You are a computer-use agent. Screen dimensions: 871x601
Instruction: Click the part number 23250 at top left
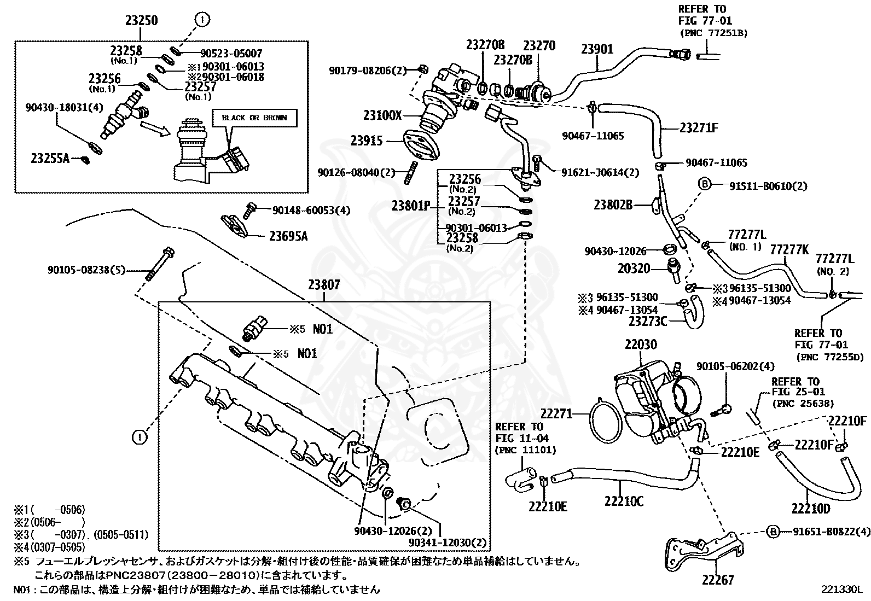click(x=142, y=20)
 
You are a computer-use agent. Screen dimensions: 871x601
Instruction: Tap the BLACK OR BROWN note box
click(x=254, y=118)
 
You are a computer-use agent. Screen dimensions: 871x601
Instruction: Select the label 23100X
click(x=382, y=115)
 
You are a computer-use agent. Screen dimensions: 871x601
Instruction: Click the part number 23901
click(x=597, y=49)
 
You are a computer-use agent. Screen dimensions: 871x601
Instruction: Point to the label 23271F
click(x=699, y=128)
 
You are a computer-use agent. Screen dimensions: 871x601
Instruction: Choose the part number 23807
click(x=324, y=285)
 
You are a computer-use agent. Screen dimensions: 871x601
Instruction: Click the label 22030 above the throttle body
click(x=641, y=345)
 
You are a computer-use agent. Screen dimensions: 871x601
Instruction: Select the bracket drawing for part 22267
click(x=704, y=551)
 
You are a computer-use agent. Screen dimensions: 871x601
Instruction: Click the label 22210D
click(x=811, y=509)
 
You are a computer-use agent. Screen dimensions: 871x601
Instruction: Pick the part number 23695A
click(x=288, y=236)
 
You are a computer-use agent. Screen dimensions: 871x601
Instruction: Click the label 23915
click(x=367, y=141)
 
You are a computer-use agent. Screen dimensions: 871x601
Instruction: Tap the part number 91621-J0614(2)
click(x=600, y=172)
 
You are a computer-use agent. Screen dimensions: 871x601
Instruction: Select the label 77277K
click(x=789, y=249)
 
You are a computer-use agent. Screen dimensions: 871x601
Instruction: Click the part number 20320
click(x=634, y=269)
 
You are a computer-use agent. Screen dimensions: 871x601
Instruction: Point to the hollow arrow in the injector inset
click(x=155, y=129)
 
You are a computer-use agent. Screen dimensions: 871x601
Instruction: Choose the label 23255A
click(x=50, y=159)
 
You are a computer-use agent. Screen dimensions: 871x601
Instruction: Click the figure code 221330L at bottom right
click(x=841, y=590)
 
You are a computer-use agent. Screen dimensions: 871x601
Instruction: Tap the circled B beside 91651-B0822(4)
click(x=774, y=532)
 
